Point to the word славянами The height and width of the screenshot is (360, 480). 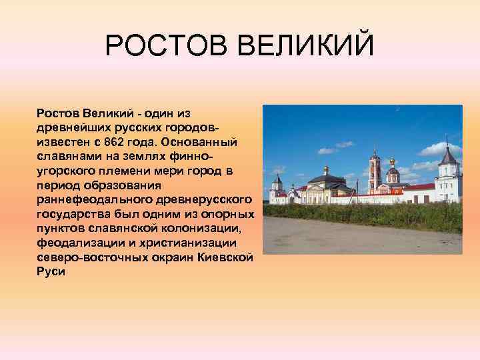pyautogui.click(x=66, y=155)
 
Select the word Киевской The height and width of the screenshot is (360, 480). pyautogui.click(x=227, y=256)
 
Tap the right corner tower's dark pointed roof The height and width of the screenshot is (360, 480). pyautogui.click(x=449, y=157)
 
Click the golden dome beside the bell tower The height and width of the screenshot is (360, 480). pyautogui.click(x=392, y=162)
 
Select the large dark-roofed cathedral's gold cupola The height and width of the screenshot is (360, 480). pyautogui.click(x=326, y=171)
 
